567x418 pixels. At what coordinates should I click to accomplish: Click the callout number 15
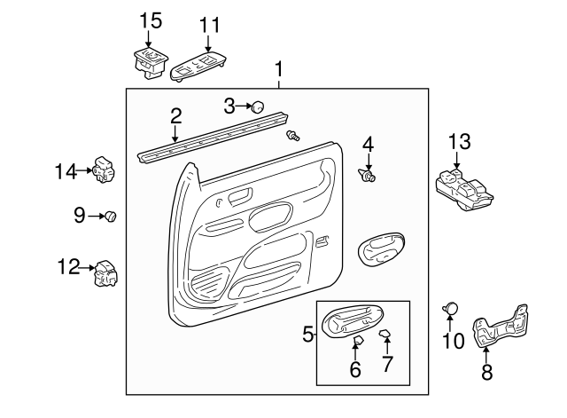tap(151, 20)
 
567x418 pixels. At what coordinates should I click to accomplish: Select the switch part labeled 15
tap(151, 63)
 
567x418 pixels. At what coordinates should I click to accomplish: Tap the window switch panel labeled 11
tap(198, 67)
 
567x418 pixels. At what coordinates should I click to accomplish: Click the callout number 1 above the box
tap(278, 69)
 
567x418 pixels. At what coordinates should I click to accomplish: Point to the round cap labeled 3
tap(258, 106)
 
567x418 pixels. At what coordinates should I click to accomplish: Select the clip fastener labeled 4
tap(367, 176)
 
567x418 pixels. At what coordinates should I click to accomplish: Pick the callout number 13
tap(460, 142)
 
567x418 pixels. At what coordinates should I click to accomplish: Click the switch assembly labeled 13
tap(464, 189)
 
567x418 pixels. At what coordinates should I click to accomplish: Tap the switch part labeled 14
tap(105, 170)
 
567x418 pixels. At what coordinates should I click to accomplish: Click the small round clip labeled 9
tap(110, 217)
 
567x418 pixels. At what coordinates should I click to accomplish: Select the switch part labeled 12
tap(105, 273)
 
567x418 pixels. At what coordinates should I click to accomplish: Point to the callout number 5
tap(307, 334)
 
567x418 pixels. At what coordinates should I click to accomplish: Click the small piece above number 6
tap(358, 340)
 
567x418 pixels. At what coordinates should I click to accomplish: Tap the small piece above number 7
tap(384, 333)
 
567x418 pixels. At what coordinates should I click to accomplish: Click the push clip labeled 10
tap(450, 308)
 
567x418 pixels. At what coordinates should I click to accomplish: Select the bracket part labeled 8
tap(500, 326)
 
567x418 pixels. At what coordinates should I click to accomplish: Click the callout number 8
tap(486, 371)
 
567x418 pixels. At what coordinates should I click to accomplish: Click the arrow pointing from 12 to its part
tap(87, 268)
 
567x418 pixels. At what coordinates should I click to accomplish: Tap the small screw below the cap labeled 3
tap(293, 136)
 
